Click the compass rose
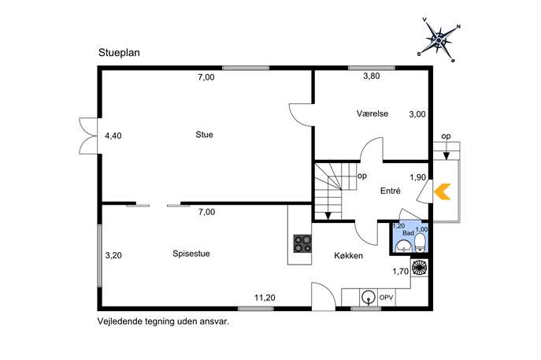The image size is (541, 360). click(439, 39)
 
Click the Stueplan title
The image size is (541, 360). click(119, 53)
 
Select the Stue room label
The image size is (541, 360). click(204, 135)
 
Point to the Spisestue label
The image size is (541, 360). click(191, 254)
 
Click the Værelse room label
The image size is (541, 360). click(372, 113)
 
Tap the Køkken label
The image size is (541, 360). click(349, 256)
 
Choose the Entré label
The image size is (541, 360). click(391, 191)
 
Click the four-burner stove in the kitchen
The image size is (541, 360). click(302, 243)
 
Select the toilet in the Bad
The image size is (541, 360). click(420, 243)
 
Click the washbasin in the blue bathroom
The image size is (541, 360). click(403, 246)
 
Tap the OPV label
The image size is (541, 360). click(387, 298)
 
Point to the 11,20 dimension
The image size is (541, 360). click(265, 298)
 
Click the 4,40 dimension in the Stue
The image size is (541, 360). click(113, 136)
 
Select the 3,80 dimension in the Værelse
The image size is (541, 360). click(372, 76)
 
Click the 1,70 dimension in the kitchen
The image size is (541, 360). click(400, 272)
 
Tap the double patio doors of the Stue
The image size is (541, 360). click(89, 135)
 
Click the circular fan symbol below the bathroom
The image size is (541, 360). click(420, 267)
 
